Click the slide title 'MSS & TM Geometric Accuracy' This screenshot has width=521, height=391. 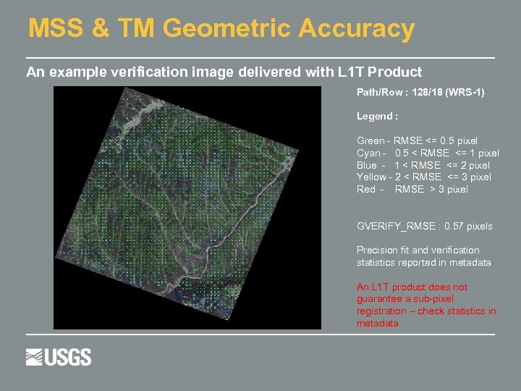pyautogui.click(x=221, y=29)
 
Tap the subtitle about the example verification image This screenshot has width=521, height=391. pyautogui.click(x=224, y=72)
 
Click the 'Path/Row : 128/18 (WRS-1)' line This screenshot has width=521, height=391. pyautogui.click(x=420, y=93)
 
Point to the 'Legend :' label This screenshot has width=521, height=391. pyautogui.click(x=377, y=116)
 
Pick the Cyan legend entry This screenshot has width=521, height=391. pyautogui.click(x=428, y=153)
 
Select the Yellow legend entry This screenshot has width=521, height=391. pyautogui.click(x=423, y=177)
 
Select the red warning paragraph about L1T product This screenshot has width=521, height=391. pyautogui.click(x=426, y=305)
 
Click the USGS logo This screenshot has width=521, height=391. pyautogui.click(x=59, y=357)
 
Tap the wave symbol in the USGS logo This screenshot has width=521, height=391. pyautogui.click(x=35, y=357)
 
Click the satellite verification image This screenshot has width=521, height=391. pyautogui.click(x=187, y=208)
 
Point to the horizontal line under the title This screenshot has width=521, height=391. pyautogui.click(x=260, y=57)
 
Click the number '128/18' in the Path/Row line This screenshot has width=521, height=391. pyautogui.click(x=428, y=93)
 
